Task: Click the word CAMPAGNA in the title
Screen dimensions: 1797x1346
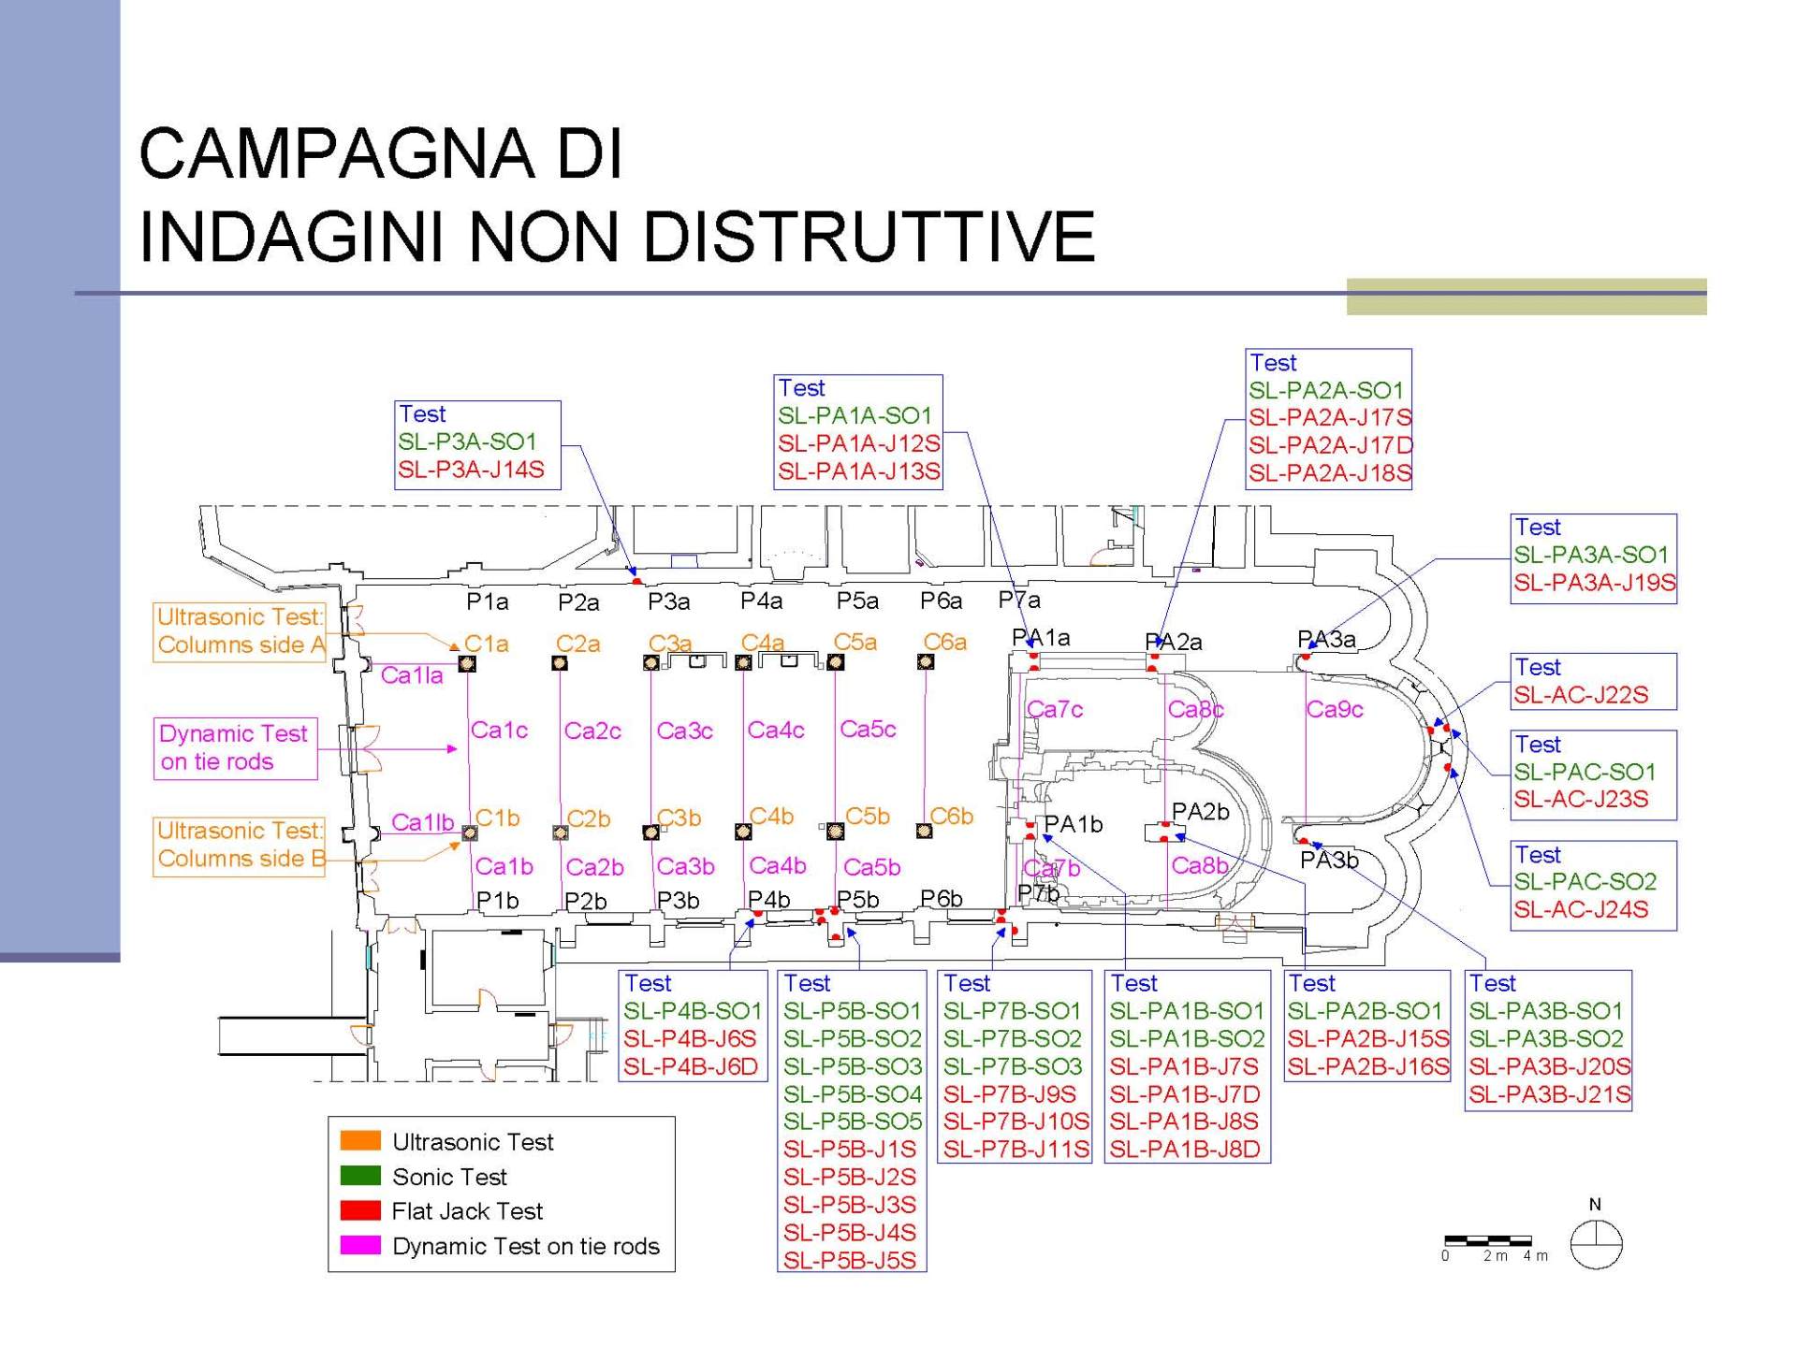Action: pyautogui.click(x=337, y=152)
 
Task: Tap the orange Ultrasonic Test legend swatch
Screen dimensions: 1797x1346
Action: pyautogui.click(x=360, y=1140)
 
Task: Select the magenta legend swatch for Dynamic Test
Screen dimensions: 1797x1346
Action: pyautogui.click(x=360, y=1245)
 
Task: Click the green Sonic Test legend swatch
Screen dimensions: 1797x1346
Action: pyautogui.click(x=360, y=1175)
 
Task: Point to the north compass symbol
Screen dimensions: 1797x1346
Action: pyautogui.click(x=1596, y=1245)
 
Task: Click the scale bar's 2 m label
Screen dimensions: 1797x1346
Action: pyautogui.click(x=1495, y=1256)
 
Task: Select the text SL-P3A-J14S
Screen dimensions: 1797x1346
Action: pyautogui.click(x=471, y=470)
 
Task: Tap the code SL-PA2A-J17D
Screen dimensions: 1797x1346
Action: pyautogui.click(x=1330, y=445)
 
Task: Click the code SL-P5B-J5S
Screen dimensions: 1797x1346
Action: pyautogui.click(x=850, y=1260)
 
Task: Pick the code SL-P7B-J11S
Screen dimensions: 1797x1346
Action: pyautogui.click(x=1016, y=1149)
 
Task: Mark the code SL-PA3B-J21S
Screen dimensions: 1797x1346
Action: pyautogui.click(x=1550, y=1094)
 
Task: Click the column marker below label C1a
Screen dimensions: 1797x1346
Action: pyautogui.click(x=467, y=663)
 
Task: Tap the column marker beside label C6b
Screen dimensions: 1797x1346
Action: pyautogui.click(x=925, y=831)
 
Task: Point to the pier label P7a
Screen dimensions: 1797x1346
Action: pyautogui.click(x=1019, y=600)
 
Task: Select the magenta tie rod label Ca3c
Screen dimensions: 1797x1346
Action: pyautogui.click(x=684, y=731)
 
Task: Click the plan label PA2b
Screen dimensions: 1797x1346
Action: pyautogui.click(x=1200, y=812)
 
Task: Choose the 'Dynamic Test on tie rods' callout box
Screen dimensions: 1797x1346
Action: pyautogui.click(x=236, y=748)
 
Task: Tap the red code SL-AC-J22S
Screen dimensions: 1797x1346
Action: pyautogui.click(x=1582, y=695)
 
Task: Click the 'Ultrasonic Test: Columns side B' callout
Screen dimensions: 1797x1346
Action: pyautogui.click(x=240, y=847)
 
